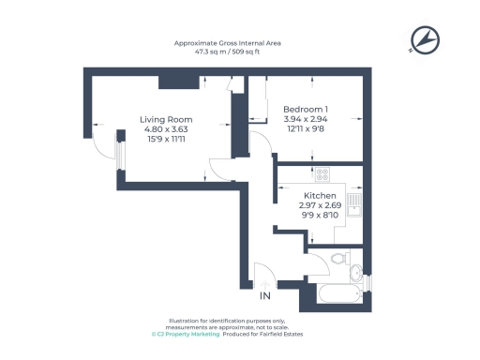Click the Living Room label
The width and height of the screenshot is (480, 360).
pos(166,120)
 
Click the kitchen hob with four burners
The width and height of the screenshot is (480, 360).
pos(322,173)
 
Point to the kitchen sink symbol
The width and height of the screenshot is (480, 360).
pos(354,204)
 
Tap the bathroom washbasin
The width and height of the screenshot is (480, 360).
pos(357,273)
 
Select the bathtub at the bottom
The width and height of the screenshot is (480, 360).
pos(338,295)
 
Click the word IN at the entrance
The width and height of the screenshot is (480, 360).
pos(265,298)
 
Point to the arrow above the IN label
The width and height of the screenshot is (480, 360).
pos(265,283)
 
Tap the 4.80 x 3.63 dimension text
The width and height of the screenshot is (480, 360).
pos(166,130)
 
